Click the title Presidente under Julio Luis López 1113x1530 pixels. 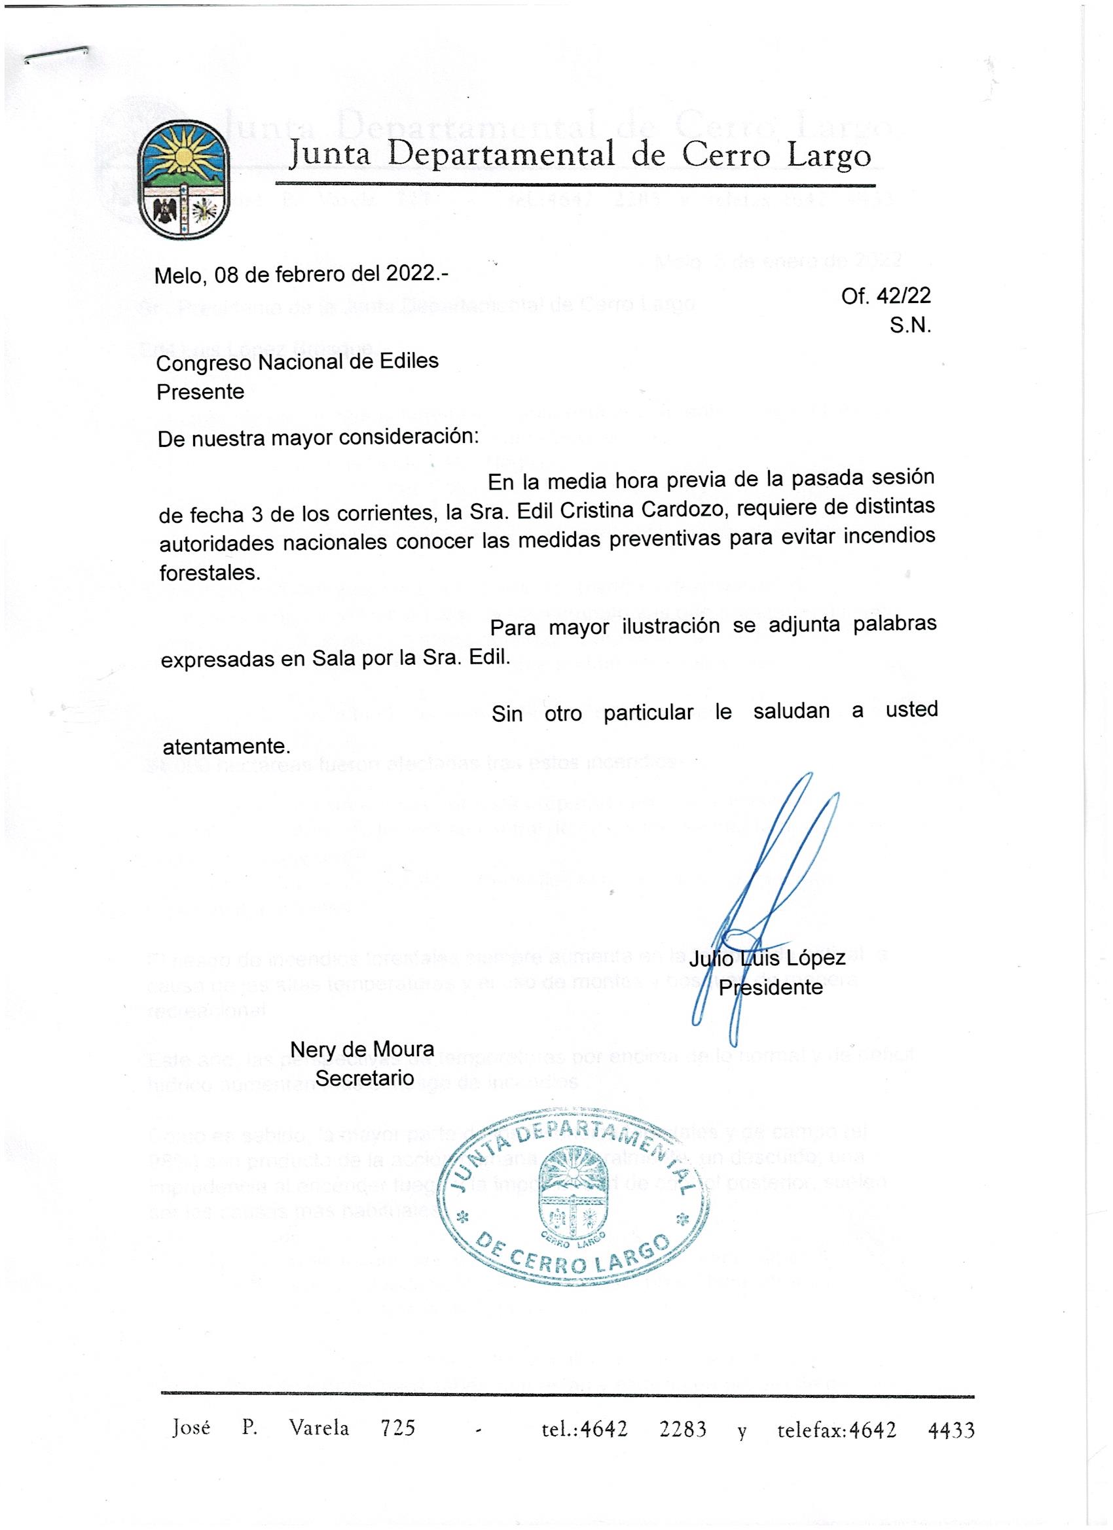pyautogui.click(x=770, y=987)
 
